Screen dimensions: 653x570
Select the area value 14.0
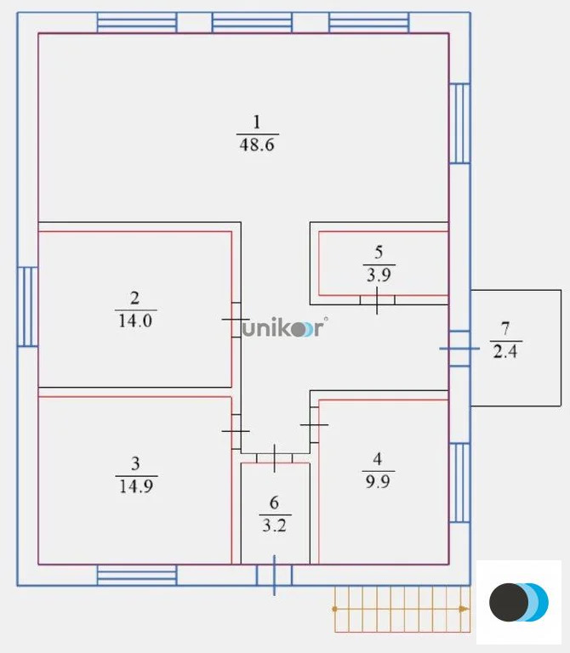point(135,320)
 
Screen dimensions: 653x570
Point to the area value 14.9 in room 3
point(135,485)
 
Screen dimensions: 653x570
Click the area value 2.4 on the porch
point(504,350)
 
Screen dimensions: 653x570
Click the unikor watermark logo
point(282,329)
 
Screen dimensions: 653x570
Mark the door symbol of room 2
point(236,319)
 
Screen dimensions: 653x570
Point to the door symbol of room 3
point(236,430)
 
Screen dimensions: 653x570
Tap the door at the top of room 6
point(274,457)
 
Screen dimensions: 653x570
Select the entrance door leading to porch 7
point(459,348)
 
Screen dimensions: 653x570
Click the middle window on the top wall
point(252,22)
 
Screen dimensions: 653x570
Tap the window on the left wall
point(27,306)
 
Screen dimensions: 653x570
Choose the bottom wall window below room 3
point(136,576)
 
